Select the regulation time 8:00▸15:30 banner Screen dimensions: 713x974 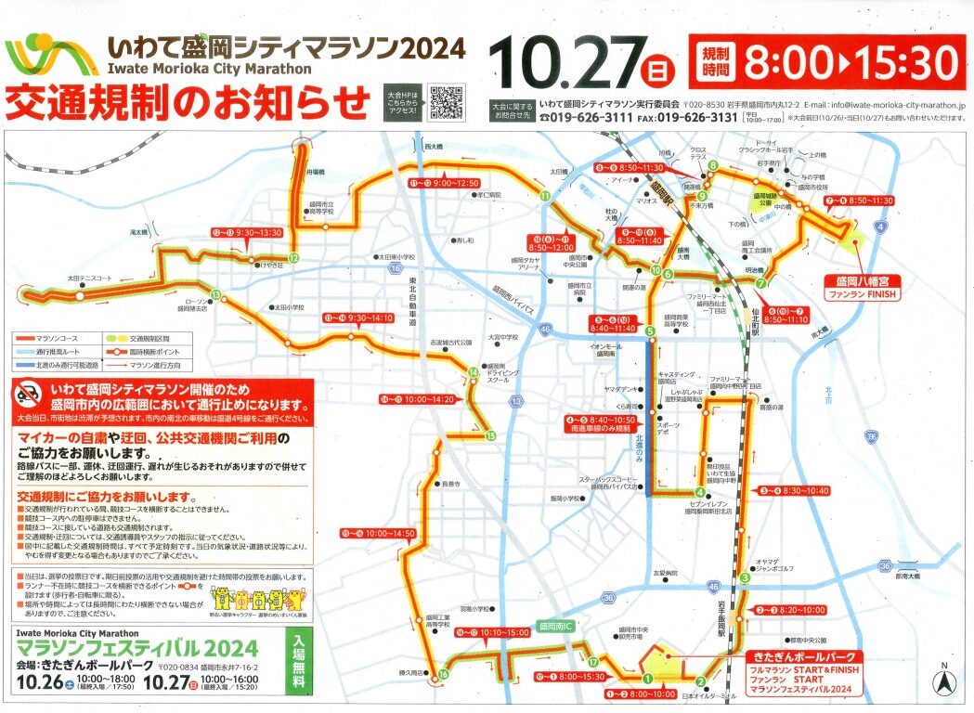click(825, 62)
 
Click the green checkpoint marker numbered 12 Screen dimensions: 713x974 click(292, 258)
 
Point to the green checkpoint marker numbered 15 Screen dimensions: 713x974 click(490, 436)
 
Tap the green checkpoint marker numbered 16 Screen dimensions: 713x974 click(444, 674)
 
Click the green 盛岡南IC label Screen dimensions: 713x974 click(557, 627)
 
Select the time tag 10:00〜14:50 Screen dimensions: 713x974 click(377, 533)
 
